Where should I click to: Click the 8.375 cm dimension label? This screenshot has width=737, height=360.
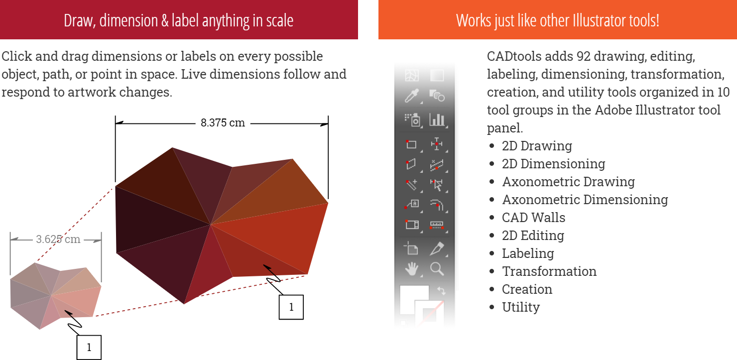223,123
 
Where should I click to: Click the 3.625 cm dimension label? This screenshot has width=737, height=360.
58,239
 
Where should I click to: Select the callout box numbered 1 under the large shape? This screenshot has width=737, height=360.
291,307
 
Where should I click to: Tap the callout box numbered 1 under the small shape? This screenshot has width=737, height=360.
89,348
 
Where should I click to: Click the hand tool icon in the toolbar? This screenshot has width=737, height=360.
412,269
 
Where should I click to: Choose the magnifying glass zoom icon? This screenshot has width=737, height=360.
437,269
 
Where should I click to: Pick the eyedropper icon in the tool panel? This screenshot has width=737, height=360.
412,96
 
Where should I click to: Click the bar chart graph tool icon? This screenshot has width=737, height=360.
437,120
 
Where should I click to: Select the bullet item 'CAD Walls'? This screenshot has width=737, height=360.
533,218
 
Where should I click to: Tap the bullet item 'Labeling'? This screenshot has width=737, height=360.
528,253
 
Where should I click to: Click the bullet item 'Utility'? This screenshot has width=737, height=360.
520,307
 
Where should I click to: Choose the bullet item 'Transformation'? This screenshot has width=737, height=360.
549,271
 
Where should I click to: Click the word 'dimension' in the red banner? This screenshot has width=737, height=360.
128,20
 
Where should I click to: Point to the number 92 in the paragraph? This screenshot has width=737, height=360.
583,56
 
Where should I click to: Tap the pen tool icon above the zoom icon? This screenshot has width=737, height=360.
437,248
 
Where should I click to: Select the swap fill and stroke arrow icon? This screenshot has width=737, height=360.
441,291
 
